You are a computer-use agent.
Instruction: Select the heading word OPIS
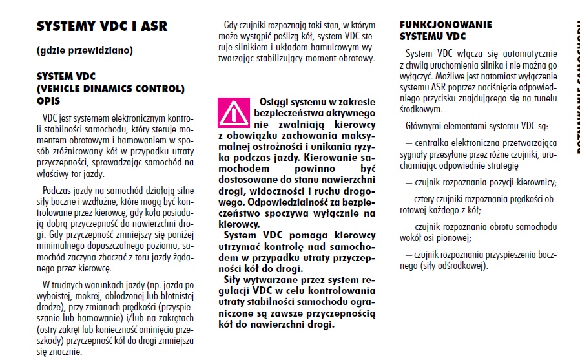pos(52,101)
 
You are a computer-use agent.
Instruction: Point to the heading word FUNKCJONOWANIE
pos(446,25)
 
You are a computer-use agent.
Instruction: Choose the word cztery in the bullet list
pos(429,200)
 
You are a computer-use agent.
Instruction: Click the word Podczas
pos(57,191)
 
